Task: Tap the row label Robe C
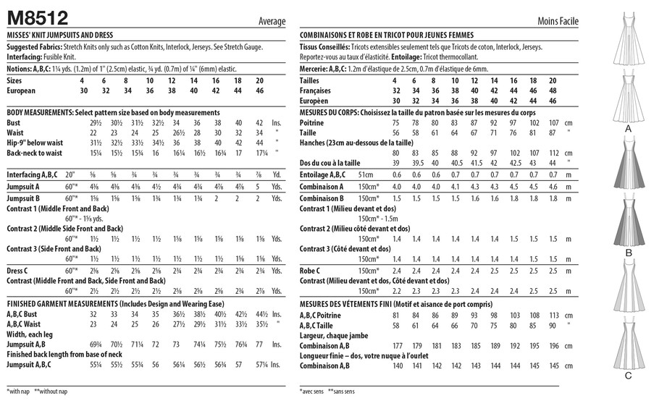point(312,270)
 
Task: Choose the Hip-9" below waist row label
point(37,143)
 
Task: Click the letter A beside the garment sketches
point(628,128)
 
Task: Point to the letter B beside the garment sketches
point(628,253)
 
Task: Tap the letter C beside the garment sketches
point(628,375)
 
